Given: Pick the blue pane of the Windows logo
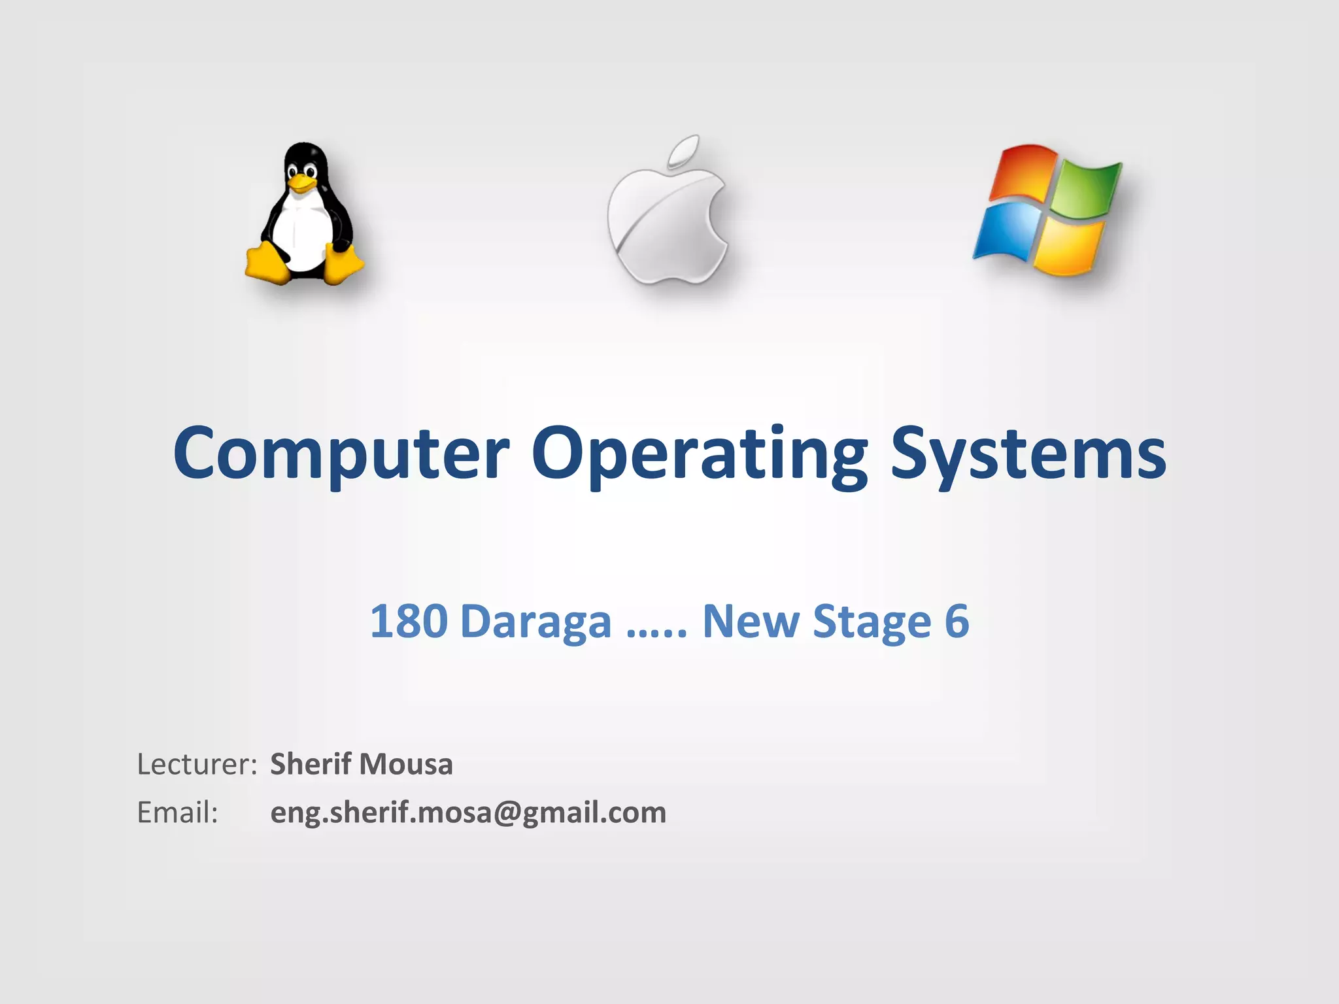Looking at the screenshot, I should tap(1008, 231).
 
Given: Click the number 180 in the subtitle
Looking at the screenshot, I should tap(408, 621).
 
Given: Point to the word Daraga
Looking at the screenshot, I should tap(536, 621).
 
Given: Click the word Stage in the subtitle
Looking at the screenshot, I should tap(872, 621).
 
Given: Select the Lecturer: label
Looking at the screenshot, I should tap(197, 764).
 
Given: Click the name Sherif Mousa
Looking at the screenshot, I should tap(362, 764).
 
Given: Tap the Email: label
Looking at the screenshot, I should tap(177, 812).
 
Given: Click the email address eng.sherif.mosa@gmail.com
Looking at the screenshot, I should tap(468, 812).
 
